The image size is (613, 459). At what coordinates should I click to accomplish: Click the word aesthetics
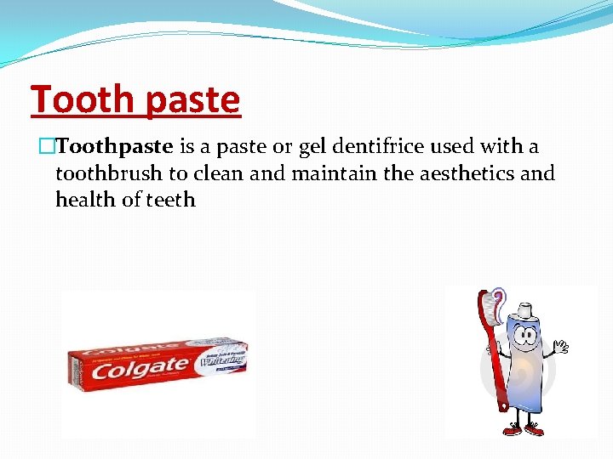tap(465, 174)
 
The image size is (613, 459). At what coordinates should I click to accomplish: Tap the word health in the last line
tap(83, 201)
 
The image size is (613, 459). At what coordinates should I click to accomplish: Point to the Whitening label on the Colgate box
tap(221, 360)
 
